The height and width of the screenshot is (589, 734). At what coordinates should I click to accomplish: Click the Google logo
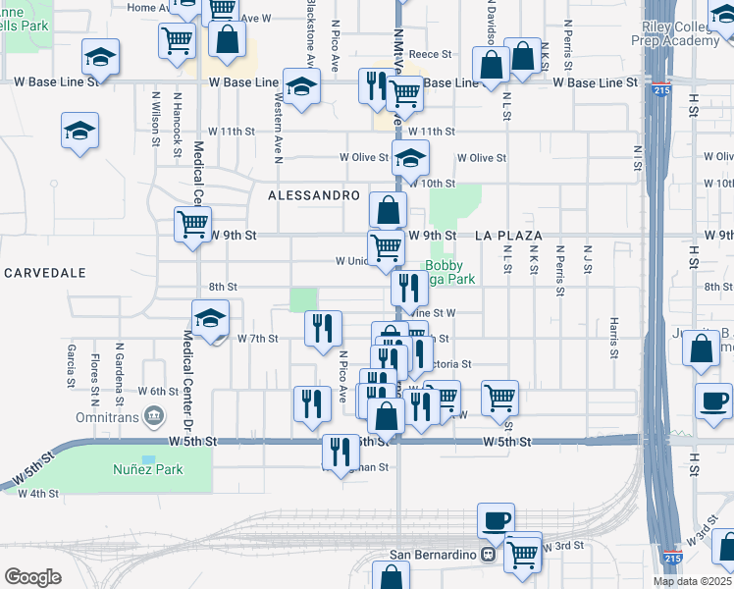(x=32, y=576)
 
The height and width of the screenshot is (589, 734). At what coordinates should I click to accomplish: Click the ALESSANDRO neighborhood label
(x=314, y=195)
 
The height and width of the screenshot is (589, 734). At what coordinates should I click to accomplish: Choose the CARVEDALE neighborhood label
(x=44, y=272)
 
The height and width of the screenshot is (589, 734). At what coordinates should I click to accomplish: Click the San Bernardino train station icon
(x=486, y=555)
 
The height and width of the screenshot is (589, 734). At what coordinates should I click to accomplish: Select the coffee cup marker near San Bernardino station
(x=497, y=519)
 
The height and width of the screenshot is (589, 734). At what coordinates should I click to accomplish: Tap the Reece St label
(x=429, y=56)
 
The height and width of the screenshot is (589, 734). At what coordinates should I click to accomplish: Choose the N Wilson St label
(x=155, y=120)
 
